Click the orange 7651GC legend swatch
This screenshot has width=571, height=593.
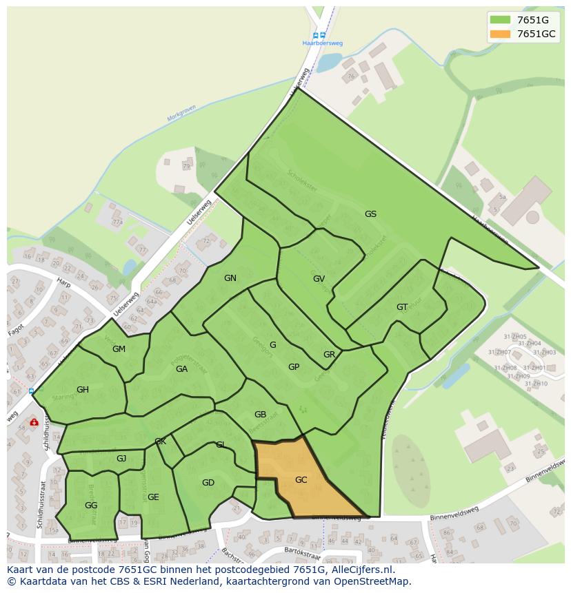pyautogui.click(x=501, y=34)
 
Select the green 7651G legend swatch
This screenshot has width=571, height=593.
pyautogui.click(x=501, y=20)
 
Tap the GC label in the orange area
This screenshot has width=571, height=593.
pyautogui.click(x=301, y=480)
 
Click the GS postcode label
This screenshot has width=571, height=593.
pyautogui.click(x=370, y=214)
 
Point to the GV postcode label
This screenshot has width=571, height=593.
pyautogui.click(x=319, y=279)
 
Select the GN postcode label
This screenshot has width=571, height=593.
pyautogui.click(x=230, y=278)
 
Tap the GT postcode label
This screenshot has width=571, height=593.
pyautogui.click(x=402, y=307)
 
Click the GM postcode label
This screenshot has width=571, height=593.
pyautogui.click(x=119, y=349)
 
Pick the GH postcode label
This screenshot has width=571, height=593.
pyautogui.click(x=83, y=390)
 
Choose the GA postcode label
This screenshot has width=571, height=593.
pyautogui.click(x=181, y=369)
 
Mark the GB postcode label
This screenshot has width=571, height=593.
pyautogui.click(x=260, y=415)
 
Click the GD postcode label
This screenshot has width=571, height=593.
pyautogui.click(x=208, y=483)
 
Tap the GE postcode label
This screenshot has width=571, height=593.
pyautogui.click(x=153, y=497)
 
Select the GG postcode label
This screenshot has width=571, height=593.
pyautogui.click(x=91, y=506)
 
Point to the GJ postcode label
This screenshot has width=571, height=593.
pyautogui.click(x=121, y=459)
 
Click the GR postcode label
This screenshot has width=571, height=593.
pyautogui.click(x=329, y=355)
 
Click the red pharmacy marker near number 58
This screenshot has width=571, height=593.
pyautogui.click(x=34, y=422)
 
